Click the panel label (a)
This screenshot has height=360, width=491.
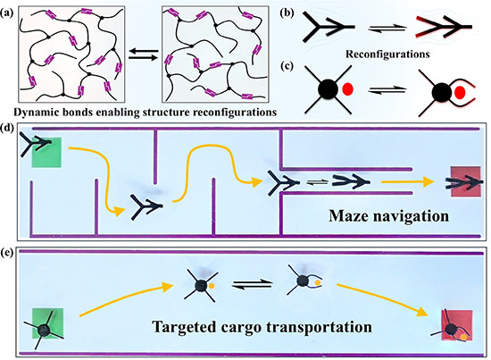point(6,13)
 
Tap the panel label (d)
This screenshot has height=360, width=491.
point(7,128)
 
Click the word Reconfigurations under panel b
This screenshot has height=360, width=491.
point(387,54)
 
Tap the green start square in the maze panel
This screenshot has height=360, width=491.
point(46,152)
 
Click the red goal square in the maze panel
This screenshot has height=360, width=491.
point(466,181)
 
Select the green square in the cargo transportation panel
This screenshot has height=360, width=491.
point(48,323)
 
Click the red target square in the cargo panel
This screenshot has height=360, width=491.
point(457,325)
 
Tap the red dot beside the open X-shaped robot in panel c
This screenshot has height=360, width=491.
point(347,89)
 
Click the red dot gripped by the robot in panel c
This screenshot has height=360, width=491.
point(460,92)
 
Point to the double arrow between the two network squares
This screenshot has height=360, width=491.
point(144,54)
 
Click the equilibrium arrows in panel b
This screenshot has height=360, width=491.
point(387,29)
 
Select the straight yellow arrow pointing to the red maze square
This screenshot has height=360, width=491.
point(408,181)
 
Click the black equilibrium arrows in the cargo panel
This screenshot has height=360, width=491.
point(252,284)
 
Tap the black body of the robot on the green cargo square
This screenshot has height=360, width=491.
point(44,330)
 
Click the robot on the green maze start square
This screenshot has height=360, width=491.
point(36,144)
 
